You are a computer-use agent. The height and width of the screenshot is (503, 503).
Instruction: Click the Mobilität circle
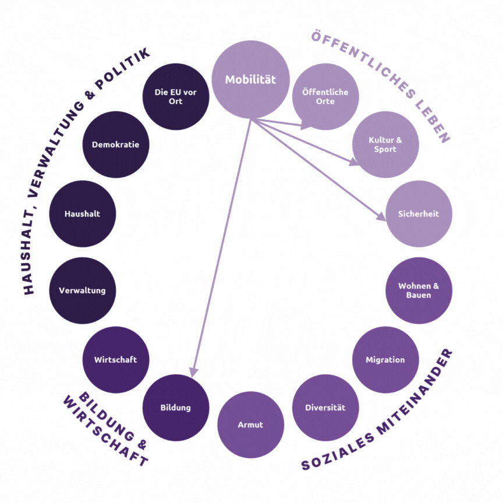coord(250,80)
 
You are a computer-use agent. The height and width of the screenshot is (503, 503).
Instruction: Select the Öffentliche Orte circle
coord(325,97)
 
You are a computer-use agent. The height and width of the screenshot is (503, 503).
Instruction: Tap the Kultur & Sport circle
coord(385,145)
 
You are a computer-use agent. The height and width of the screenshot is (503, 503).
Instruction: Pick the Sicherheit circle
coord(418,214)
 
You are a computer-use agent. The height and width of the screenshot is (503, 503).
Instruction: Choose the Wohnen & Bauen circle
coord(419,291)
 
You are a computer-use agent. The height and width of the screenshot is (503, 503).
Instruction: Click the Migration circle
coord(385,360)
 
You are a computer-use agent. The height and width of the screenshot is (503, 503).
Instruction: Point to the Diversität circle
coord(325,408)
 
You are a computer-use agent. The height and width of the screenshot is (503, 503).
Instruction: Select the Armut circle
coord(250,425)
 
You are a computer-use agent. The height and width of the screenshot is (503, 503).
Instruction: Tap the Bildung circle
coord(176,408)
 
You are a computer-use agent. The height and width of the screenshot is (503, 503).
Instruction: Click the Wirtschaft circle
coord(115,360)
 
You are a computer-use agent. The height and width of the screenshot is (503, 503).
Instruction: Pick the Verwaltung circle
coord(82,291)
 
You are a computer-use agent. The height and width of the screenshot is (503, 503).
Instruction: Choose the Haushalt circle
coord(82,214)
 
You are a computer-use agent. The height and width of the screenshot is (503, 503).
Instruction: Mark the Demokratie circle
coord(115,145)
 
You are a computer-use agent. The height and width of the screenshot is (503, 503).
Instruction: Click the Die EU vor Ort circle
coord(176,97)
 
